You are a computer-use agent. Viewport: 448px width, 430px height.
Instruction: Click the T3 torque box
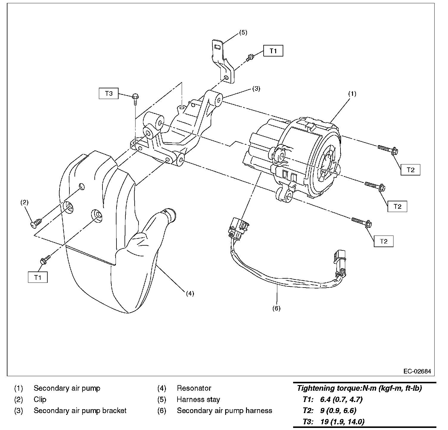[x=109, y=93]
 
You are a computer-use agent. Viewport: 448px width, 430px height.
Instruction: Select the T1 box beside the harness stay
[x=273, y=51]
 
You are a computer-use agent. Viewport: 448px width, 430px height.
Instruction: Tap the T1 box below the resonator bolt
[x=38, y=277]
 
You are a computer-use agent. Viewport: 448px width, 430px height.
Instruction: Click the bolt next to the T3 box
[x=135, y=98]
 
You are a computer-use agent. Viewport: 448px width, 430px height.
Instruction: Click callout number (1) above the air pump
[x=352, y=94]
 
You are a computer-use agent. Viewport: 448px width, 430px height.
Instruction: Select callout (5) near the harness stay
[x=243, y=32]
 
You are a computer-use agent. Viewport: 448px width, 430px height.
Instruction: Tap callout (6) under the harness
[x=276, y=308]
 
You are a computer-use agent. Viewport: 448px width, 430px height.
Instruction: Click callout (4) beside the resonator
[x=190, y=293]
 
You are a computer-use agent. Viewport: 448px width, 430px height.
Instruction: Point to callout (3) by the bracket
[x=256, y=88]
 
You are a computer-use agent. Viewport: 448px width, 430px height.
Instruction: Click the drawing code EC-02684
[x=417, y=371]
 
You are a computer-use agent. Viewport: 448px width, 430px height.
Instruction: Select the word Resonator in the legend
[x=194, y=388]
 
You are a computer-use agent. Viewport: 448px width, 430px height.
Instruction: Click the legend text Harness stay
[x=198, y=399]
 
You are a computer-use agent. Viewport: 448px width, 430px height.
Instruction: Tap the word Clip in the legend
[x=40, y=399]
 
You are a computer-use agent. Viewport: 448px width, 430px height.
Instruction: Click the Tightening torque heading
[x=359, y=388]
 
